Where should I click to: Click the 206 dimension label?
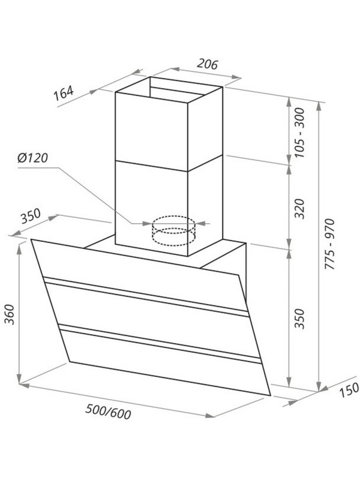point(207,64)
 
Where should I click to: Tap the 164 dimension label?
point(64,94)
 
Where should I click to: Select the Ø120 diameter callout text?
point(33,158)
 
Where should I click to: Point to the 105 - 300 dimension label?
point(300,133)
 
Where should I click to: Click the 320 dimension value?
point(300,208)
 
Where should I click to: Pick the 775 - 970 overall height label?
point(330,244)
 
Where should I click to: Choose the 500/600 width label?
point(108,412)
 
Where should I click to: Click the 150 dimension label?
point(350,390)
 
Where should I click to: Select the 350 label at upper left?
point(31,216)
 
